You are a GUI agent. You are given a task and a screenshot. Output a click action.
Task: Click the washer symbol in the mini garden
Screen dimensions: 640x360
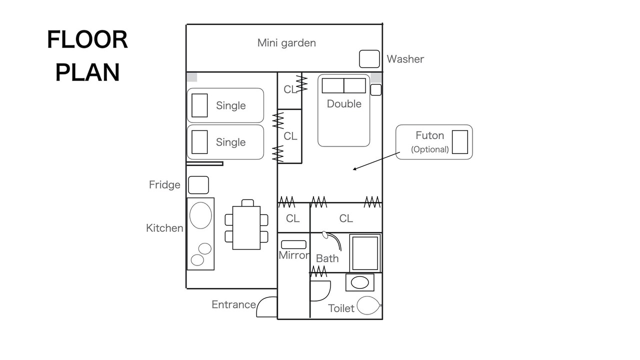[369, 59]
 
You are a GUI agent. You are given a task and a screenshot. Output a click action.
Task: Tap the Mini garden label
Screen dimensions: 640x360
[286, 43]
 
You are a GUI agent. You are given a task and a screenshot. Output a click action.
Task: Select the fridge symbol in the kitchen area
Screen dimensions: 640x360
[198, 185]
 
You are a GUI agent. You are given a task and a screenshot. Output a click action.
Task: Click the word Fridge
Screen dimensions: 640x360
[164, 184]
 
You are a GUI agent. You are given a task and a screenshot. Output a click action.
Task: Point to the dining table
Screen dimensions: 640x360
[246, 227]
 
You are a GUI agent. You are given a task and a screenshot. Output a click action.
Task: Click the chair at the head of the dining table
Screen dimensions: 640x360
[247, 203]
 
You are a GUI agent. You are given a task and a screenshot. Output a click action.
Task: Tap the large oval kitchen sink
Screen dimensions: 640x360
[200, 215]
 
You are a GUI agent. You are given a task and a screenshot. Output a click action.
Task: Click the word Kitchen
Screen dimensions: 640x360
[164, 228]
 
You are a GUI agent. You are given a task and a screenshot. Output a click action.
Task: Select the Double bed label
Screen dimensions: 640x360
[344, 103]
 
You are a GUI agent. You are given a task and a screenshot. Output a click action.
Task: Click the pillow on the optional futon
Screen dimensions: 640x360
[459, 142]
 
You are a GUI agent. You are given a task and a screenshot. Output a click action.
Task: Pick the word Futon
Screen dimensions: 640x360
[429, 135]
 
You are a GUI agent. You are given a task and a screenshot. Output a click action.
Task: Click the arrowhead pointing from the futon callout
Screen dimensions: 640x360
[354, 169]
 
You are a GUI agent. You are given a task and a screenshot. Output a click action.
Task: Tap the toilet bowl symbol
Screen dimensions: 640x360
[368, 305]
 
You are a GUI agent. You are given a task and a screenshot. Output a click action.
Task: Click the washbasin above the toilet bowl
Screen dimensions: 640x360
[359, 282]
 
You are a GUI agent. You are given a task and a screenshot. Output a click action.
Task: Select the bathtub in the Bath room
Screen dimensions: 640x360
[365, 253]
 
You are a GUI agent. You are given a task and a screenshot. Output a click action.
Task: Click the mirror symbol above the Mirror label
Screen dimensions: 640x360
[293, 244]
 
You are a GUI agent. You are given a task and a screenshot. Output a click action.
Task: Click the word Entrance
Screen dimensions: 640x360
[233, 304]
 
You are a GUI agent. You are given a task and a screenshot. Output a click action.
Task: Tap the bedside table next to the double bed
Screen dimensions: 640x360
[375, 89]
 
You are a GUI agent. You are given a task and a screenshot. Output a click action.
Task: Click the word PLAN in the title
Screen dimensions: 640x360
[87, 72]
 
